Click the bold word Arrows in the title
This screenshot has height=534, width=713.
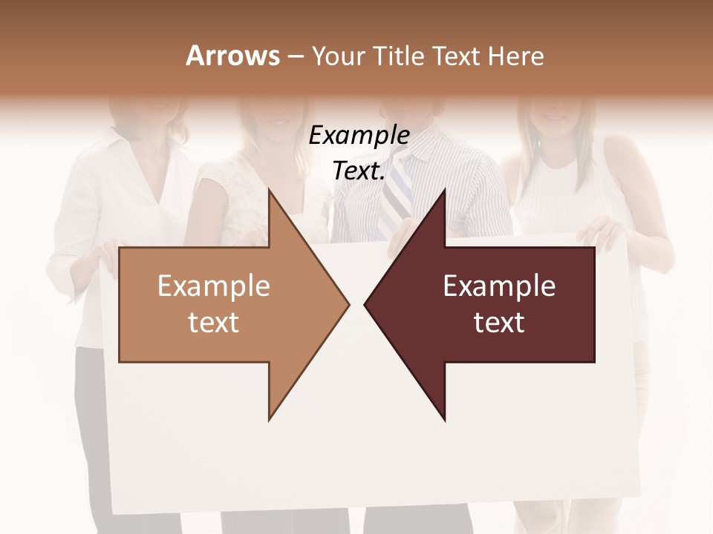[232, 56]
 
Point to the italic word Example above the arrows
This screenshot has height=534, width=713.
[359, 136]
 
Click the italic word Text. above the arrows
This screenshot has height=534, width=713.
[359, 171]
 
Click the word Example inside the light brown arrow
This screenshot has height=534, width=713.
[214, 286]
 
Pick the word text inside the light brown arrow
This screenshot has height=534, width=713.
[214, 323]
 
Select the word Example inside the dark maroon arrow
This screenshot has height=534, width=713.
[499, 286]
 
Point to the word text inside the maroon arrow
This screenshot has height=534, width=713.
[499, 323]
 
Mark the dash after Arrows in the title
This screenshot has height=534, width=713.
[295, 56]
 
